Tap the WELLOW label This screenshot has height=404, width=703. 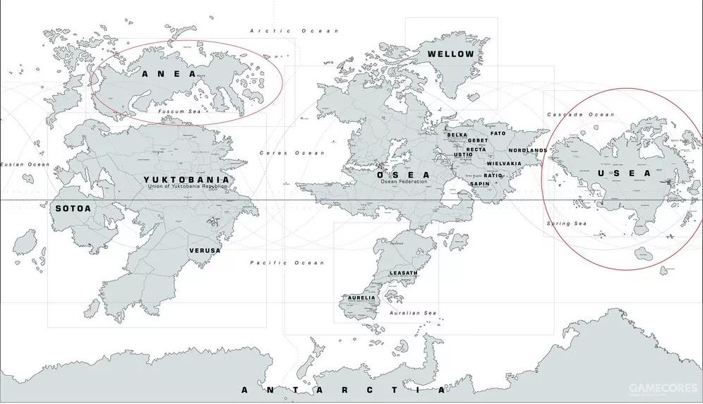pos(450,54)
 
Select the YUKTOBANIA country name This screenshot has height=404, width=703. pos(186,180)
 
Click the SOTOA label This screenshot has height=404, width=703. pos(73,208)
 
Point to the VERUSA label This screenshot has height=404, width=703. pos(205,250)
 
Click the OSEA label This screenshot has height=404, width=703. pos(403,175)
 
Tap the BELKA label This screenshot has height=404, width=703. pos(457,135)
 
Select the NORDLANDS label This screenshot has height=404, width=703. pos(527,150)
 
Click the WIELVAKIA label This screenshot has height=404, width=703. pos(504,164)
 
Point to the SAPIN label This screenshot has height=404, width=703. pos(479,184)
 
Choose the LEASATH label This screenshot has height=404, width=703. pos(404,273)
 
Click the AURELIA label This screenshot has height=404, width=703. pos(361,298)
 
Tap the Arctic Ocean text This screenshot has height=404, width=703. pos(294,31)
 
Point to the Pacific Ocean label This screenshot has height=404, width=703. pos(287,263)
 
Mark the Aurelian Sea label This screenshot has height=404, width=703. pos(414,313)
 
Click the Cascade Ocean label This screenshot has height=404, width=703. pos(580,114)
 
